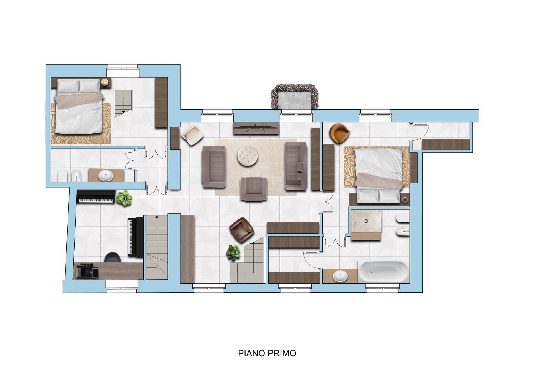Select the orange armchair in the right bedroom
pos(339,133)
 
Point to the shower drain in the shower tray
pos(366,221)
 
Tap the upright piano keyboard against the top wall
pos(96,197)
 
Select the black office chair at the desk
pos(112,257)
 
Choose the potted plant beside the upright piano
pos(124,198)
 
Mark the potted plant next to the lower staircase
pos(233,252)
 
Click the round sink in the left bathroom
pos(106,176)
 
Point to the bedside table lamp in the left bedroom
pos(105,82)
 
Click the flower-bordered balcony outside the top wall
pos(294,96)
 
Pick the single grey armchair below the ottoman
pos(254,189)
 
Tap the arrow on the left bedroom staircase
pos(123,112)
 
